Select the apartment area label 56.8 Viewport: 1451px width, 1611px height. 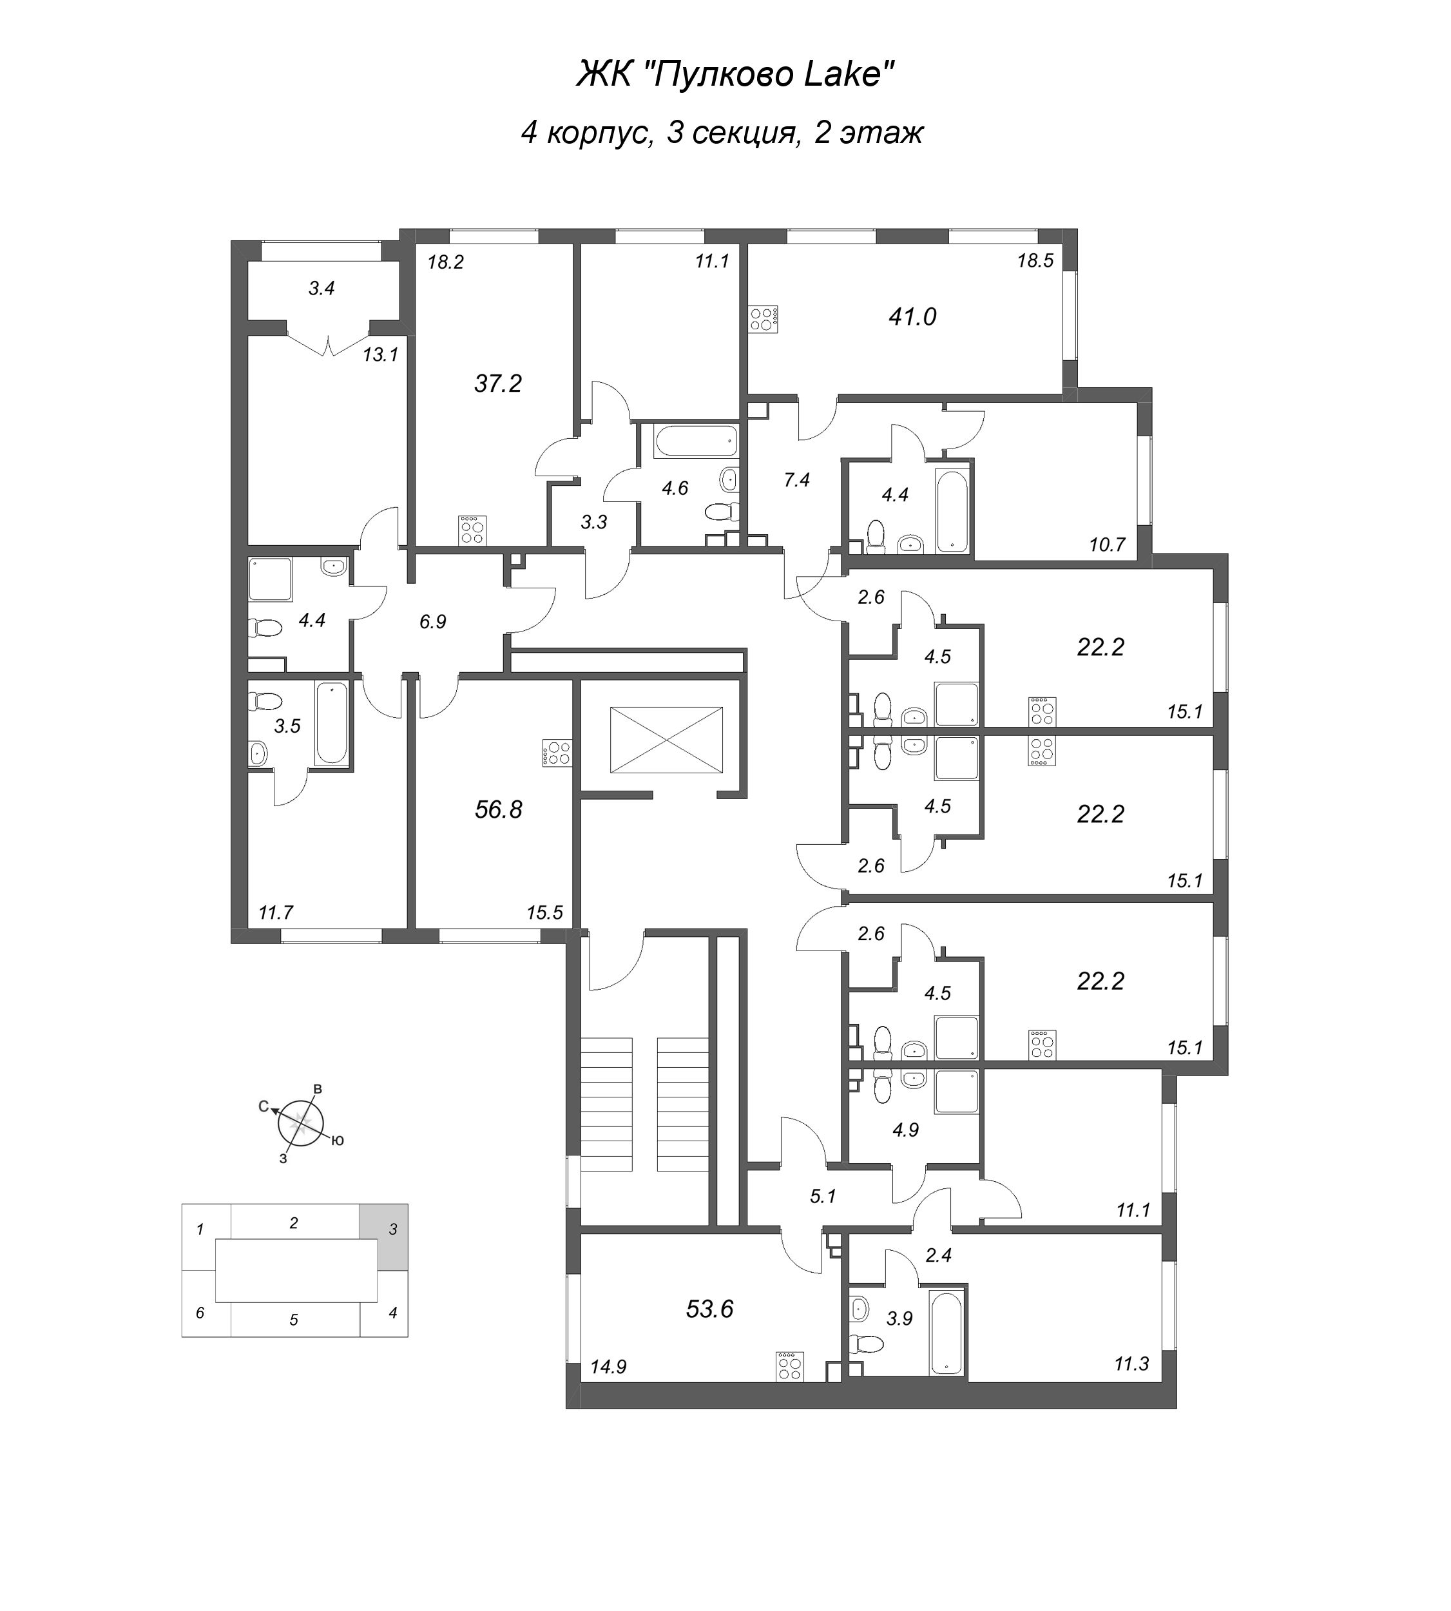click(x=498, y=809)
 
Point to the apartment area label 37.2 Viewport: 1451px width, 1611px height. click(x=497, y=383)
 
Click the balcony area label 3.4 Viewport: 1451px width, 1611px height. click(x=322, y=289)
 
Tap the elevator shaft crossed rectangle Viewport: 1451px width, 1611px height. click(x=666, y=739)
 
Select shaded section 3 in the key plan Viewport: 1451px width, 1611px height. click(x=383, y=1228)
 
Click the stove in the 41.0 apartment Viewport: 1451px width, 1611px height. click(x=763, y=319)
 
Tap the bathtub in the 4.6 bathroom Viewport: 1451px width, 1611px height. click(x=695, y=440)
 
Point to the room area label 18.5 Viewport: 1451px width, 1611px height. click(x=1035, y=261)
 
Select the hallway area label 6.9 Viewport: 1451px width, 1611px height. click(x=433, y=622)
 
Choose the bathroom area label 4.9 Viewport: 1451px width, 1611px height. click(x=906, y=1130)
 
